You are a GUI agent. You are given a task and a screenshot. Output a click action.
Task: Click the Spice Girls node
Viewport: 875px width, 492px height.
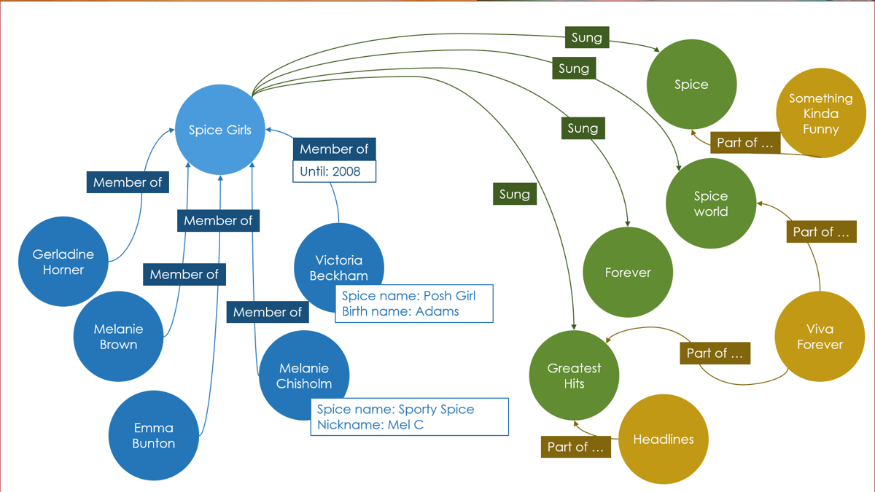pyautogui.click(x=219, y=130)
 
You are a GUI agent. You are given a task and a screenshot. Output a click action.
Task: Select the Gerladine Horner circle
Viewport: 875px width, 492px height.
pyautogui.click(x=63, y=262)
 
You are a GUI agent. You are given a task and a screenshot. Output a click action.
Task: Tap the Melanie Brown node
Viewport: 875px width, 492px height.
pyautogui.click(x=118, y=336)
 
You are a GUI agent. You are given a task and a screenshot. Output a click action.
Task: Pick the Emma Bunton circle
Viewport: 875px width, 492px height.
pyautogui.click(x=153, y=435)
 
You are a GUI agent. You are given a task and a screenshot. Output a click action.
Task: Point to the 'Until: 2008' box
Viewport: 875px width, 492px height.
pyautogui.click(x=334, y=172)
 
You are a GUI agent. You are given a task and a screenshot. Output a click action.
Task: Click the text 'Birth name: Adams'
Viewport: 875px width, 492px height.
pyautogui.click(x=400, y=311)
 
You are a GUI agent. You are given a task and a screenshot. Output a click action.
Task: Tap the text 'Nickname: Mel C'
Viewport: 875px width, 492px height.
pyautogui.click(x=370, y=424)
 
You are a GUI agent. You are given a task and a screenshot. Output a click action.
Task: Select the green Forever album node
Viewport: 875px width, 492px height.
pyautogui.click(x=627, y=273)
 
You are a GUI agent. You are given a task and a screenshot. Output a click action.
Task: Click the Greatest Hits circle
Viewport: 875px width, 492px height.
pyautogui.click(x=574, y=375)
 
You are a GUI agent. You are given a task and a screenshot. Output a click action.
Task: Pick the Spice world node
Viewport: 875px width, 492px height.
pyautogui.click(x=710, y=203)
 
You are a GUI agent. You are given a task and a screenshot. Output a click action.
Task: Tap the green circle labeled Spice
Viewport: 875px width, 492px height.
pyautogui.click(x=691, y=85)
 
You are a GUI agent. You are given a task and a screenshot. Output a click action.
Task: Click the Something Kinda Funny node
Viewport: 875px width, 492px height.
pyautogui.click(x=820, y=113)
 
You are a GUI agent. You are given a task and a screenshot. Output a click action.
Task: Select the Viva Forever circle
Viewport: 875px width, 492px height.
pyautogui.click(x=819, y=336)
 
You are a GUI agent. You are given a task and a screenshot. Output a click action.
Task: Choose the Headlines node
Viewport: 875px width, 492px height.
pyautogui.click(x=663, y=440)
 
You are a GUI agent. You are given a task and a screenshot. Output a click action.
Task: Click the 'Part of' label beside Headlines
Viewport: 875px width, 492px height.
pyautogui.click(x=575, y=447)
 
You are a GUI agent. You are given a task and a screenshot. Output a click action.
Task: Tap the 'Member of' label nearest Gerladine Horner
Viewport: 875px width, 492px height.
pyautogui.click(x=127, y=182)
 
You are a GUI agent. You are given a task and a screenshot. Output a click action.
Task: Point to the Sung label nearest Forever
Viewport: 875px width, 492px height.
pyautogui.click(x=583, y=128)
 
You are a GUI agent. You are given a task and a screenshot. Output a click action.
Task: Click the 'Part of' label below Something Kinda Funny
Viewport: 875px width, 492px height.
pyautogui.click(x=744, y=143)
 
